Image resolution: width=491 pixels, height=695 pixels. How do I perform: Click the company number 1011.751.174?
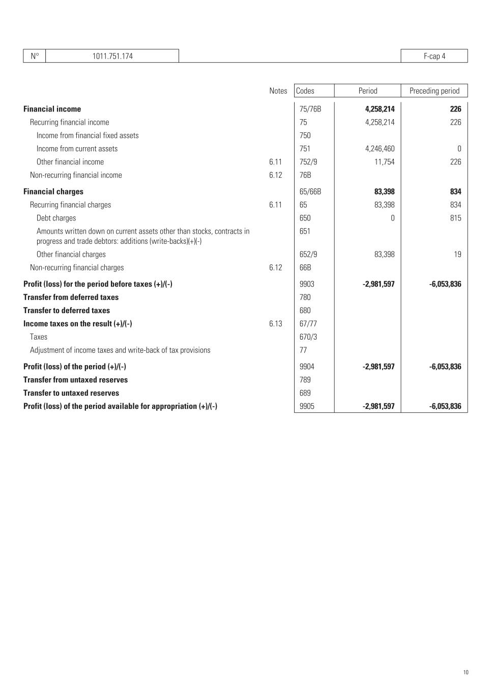pyautogui.click(x=112, y=56)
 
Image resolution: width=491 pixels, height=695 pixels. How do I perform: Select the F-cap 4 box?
pyautogui.click(x=434, y=56)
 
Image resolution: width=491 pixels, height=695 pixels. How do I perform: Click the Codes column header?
pyautogui.click(x=305, y=91)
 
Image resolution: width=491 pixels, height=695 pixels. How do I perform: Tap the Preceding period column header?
pyautogui.click(x=434, y=91)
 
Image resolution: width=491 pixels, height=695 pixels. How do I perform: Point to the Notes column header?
pyautogui.click(x=278, y=91)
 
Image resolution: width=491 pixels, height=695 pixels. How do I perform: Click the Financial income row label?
pyautogui.click(x=52, y=109)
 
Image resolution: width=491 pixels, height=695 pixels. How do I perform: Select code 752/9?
pyautogui.click(x=308, y=162)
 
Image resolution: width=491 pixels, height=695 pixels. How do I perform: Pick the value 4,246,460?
pyautogui.click(x=380, y=149)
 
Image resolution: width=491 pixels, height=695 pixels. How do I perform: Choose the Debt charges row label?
pyautogui.click(x=56, y=218)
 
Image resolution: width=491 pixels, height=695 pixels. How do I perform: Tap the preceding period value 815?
pyautogui.click(x=455, y=218)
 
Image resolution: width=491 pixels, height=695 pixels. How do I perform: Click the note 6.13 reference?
pyautogui.click(x=275, y=324)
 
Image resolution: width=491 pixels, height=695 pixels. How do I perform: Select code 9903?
pyautogui.click(x=307, y=284)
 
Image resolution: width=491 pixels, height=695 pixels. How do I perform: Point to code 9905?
pyautogui.click(x=307, y=406)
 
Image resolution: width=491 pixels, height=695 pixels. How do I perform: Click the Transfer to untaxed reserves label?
pyautogui.click(x=71, y=393)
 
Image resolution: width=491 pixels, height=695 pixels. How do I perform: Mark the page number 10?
pyautogui.click(x=466, y=673)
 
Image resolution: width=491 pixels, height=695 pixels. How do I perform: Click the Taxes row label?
pyautogui.click(x=39, y=337)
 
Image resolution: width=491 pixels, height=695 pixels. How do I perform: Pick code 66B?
pyautogui.click(x=305, y=268)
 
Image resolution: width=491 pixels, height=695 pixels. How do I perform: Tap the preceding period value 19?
pyautogui.click(x=457, y=255)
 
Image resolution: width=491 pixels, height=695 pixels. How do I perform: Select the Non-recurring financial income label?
pyautogui.click(x=76, y=175)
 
